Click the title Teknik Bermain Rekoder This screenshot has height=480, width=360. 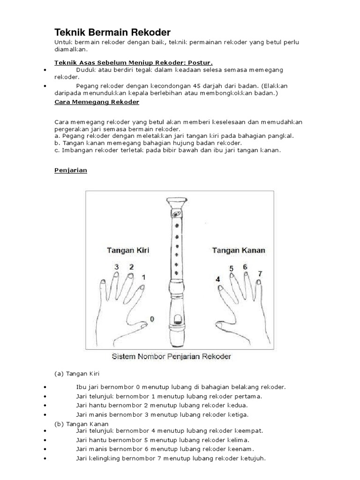(112, 32)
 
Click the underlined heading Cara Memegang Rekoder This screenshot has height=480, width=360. (97, 102)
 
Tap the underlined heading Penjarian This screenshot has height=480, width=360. (71, 170)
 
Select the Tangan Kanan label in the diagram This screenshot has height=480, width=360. (239, 250)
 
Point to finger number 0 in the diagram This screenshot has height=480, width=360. (151, 319)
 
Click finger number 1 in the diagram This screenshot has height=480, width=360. (143, 277)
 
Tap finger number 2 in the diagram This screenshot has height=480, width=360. (131, 267)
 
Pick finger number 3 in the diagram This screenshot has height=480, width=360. (116, 267)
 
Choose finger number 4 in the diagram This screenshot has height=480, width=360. (217, 279)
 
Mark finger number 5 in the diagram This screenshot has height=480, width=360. (231, 269)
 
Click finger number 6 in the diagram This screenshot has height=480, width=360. (245, 267)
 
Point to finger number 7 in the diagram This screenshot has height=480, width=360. (260, 273)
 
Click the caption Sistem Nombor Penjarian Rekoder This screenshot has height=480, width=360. (171, 357)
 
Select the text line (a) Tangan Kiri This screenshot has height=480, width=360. (77, 374)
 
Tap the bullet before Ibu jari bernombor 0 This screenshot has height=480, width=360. (45, 387)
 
